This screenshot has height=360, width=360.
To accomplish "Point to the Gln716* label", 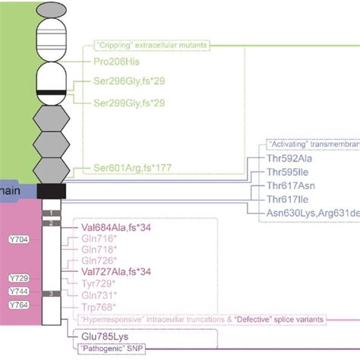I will click(x=99, y=238).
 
